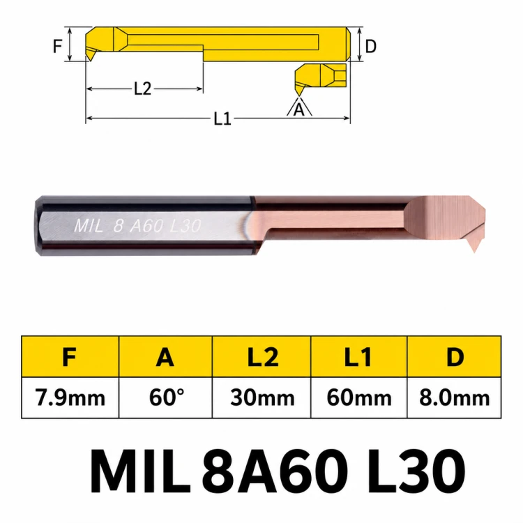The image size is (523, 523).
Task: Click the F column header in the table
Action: pos(70,356)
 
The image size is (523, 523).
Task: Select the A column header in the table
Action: pos(165,356)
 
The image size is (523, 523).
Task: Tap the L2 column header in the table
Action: pos(261,356)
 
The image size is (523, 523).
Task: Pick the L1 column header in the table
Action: pos(358,356)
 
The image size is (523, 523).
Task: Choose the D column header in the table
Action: pos(454,356)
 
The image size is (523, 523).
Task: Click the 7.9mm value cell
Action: pos(70,397)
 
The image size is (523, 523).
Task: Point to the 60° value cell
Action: pos(165,397)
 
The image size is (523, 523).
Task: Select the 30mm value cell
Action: pos(261,397)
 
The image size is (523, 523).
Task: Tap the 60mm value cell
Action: pos(358,397)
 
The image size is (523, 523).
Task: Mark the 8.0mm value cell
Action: pos(454,397)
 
